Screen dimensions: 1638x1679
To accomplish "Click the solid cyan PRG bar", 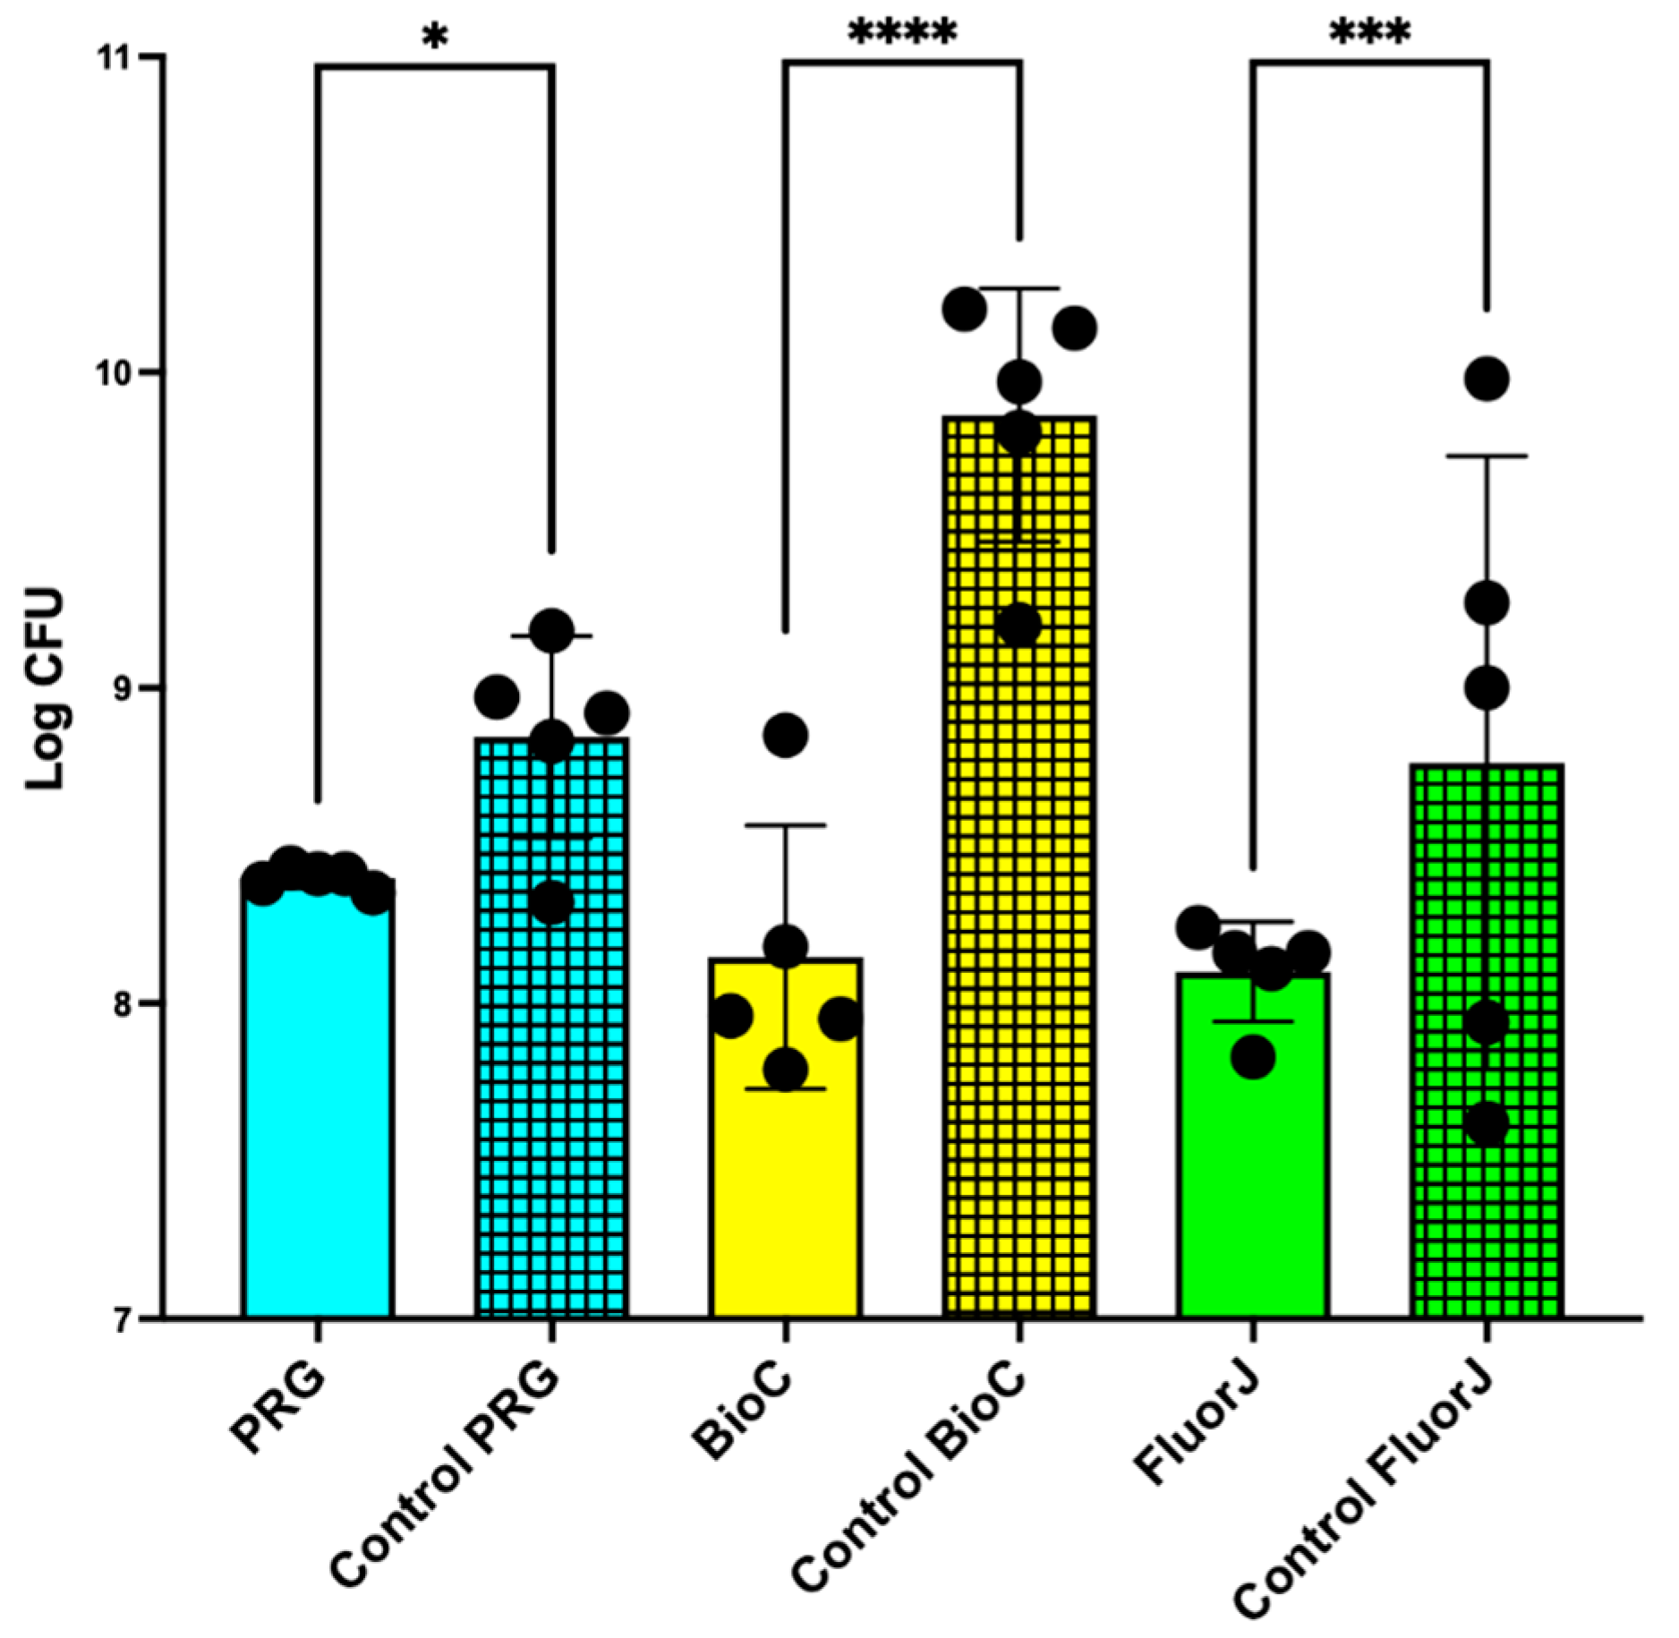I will pos(317,1101).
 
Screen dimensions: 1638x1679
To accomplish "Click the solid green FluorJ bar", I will pos(1253,1164).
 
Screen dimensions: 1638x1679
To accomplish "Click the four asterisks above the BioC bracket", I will pos(902,34).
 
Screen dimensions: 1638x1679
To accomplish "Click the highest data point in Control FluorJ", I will pos(1487,379).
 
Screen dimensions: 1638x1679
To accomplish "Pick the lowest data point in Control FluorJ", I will pos(1487,1124).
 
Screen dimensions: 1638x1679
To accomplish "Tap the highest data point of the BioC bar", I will pos(786,735).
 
